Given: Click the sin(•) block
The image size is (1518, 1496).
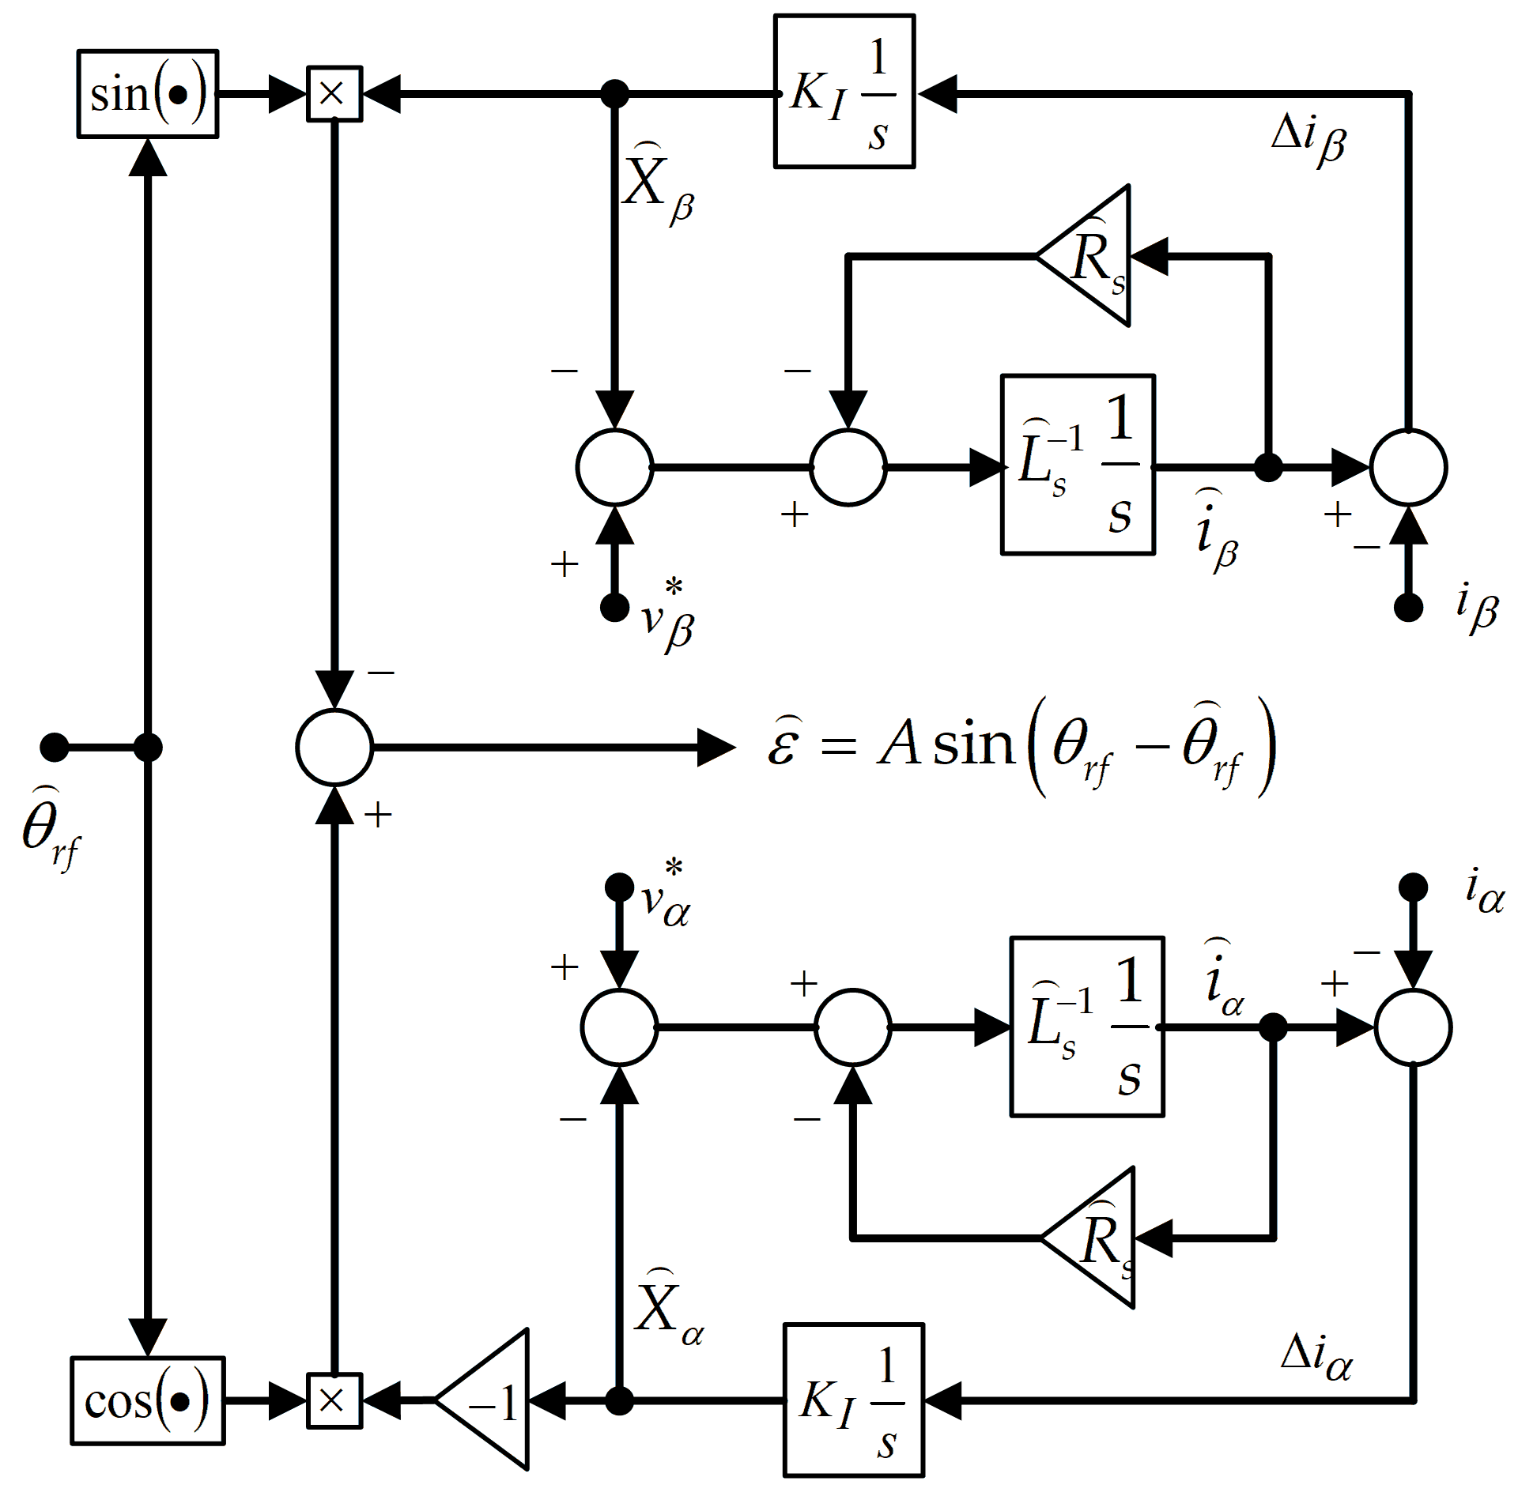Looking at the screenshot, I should pos(148,94).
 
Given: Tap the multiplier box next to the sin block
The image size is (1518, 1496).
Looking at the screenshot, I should pos(334,94).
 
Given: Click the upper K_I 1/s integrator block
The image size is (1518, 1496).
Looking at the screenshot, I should pos(844,92).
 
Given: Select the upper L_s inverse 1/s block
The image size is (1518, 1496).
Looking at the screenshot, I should pos(1078,465).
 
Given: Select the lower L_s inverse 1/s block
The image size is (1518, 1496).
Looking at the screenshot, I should pos(1086,1027).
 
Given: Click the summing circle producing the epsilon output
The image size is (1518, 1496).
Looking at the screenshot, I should pos(334,747).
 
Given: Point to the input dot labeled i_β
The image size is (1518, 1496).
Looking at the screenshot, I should pos(1408,608).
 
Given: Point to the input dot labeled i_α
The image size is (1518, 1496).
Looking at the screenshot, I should pos(1413,887).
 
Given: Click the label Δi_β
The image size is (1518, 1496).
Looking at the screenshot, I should pos(1308,141).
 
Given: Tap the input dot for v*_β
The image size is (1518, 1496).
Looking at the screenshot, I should pos(614,608).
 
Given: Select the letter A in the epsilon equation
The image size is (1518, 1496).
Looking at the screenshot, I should pos(898,745).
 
